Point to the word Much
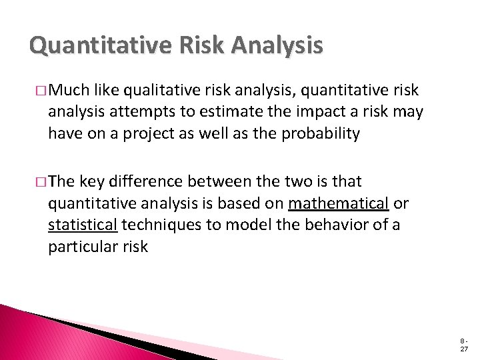click(70, 91)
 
